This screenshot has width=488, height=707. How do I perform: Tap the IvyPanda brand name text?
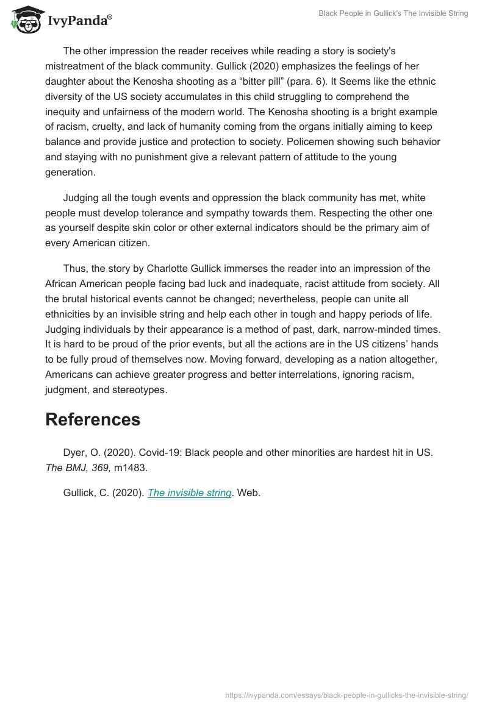tap(79, 21)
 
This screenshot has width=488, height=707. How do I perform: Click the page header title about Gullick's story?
tap(393, 13)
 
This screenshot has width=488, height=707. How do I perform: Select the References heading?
tap(93, 419)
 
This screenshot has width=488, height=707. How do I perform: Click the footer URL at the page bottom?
tap(346, 694)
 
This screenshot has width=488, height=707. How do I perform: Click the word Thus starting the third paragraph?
tap(74, 269)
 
